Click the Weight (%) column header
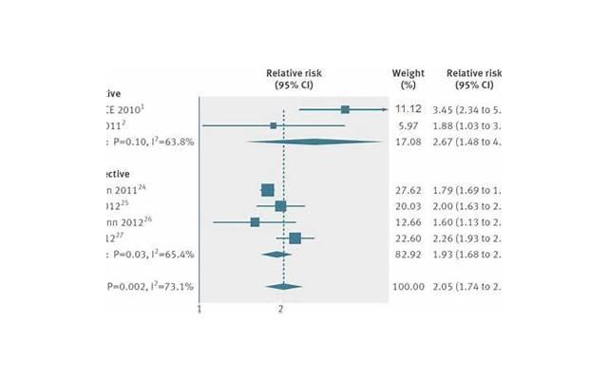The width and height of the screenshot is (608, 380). coord(408,79)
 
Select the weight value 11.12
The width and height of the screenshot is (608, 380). coord(408,109)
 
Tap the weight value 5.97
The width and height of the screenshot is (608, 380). coord(408,125)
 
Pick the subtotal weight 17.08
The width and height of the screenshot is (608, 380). coord(408,142)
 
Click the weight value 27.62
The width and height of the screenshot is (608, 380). coord(408,190)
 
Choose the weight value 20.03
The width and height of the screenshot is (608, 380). coord(408,206)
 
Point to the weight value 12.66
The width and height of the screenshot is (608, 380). coord(408,222)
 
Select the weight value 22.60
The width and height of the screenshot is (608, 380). coord(408,238)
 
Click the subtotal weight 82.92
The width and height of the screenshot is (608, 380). coord(408,255)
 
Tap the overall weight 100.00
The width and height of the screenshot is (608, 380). coord(408,287)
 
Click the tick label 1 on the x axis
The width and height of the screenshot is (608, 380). coord(199,310)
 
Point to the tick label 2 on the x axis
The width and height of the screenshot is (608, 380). coord(281,310)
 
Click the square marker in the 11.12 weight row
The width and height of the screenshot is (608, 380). coord(345,109)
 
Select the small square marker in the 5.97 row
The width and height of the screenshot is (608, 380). coord(274,125)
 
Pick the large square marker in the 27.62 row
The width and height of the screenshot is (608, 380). coord(268,190)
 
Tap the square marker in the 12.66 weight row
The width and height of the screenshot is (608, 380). coord(255,222)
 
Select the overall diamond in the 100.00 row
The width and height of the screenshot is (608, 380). coord(284,287)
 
